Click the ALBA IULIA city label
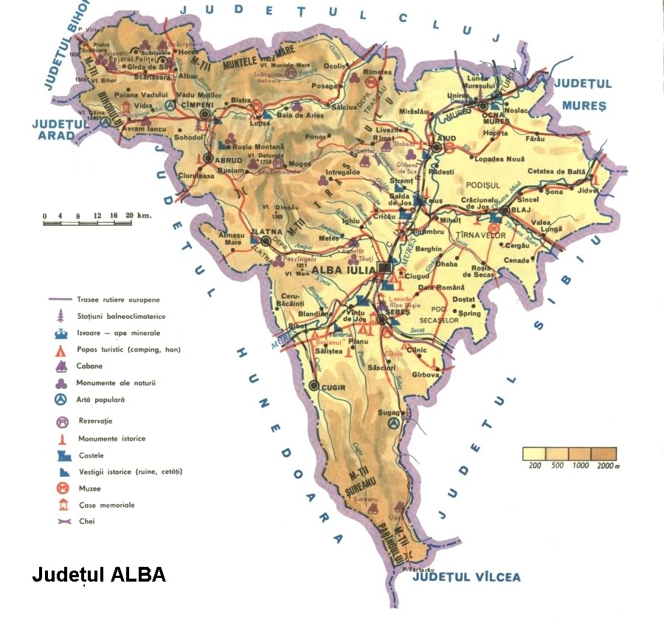(344, 269)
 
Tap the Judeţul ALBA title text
(99, 575)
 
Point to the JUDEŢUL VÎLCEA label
(466, 576)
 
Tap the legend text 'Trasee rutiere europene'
(117, 300)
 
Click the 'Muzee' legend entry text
(89, 489)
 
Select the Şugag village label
(389, 412)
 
